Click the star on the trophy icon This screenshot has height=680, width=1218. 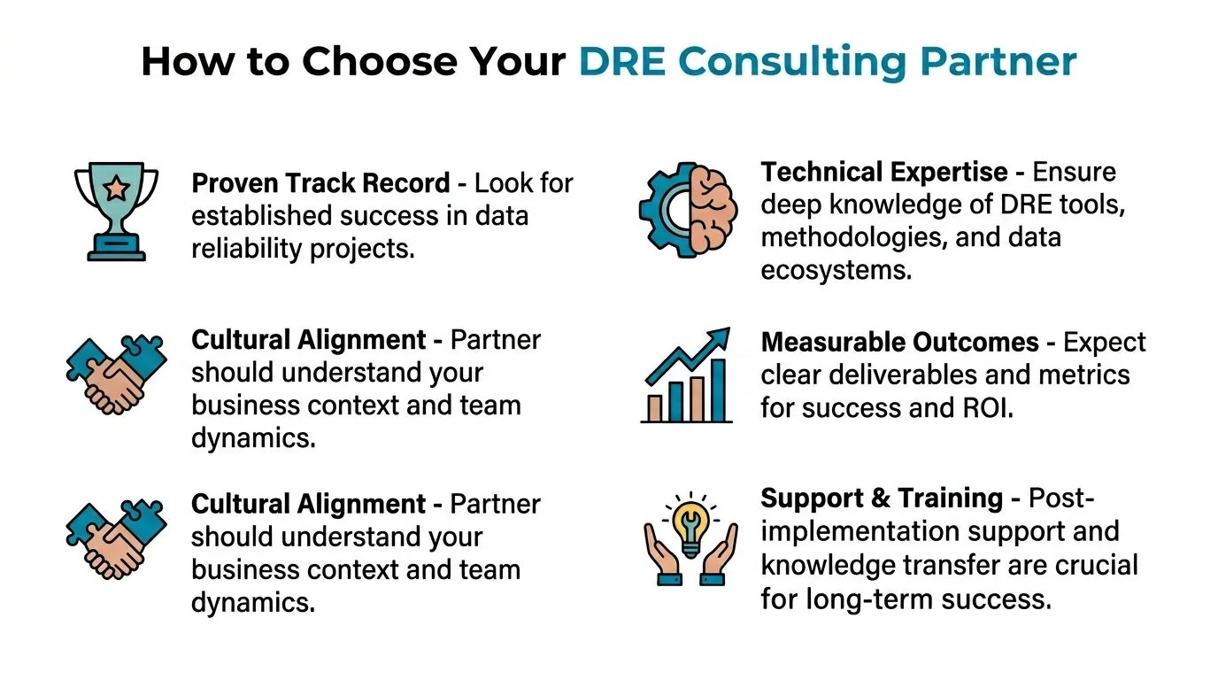(x=115, y=188)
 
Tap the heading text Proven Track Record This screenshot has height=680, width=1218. (x=320, y=183)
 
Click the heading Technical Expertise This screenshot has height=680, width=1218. (x=883, y=172)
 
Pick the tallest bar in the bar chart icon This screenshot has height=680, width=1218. (x=718, y=390)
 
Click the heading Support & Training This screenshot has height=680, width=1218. (x=882, y=498)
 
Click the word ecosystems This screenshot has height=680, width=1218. (x=836, y=271)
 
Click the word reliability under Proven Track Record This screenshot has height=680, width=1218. (x=248, y=250)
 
